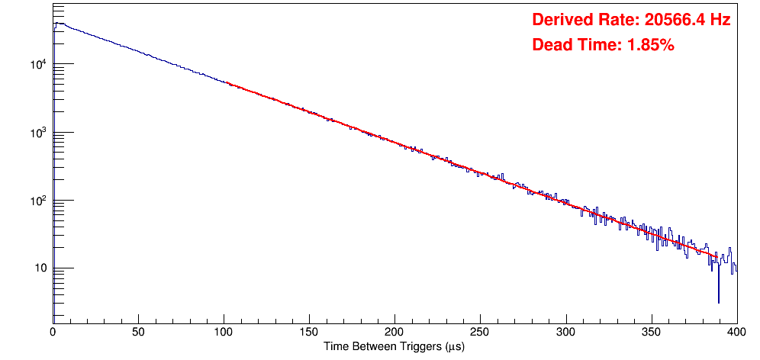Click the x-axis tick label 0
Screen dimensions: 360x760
click(x=53, y=332)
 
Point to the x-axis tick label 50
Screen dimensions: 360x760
click(x=138, y=332)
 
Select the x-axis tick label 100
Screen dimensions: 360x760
click(x=224, y=332)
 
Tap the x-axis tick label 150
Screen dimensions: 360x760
click(x=309, y=332)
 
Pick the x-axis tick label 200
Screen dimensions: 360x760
click(x=394, y=332)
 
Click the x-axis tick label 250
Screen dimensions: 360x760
click(x=480, y=332)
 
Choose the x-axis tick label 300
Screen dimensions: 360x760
click(x=565, y=332)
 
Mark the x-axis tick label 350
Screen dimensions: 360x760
click(x=651, y=332)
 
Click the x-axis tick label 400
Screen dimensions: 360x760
click(x=736, y=332)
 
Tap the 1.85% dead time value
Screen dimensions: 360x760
click(x=650, y=46)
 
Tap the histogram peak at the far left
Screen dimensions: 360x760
click(x=57, y=24)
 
